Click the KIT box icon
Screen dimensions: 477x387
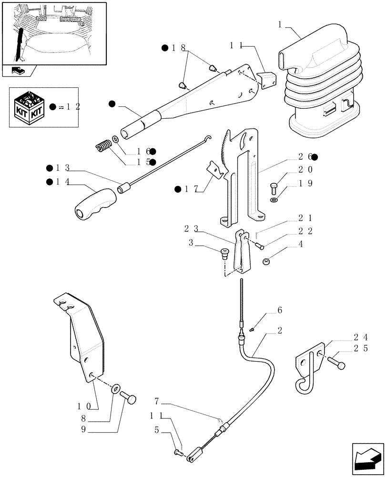coord(30,106)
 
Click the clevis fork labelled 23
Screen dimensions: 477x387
coord(243,253)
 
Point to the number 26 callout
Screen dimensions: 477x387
coord(305,156)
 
